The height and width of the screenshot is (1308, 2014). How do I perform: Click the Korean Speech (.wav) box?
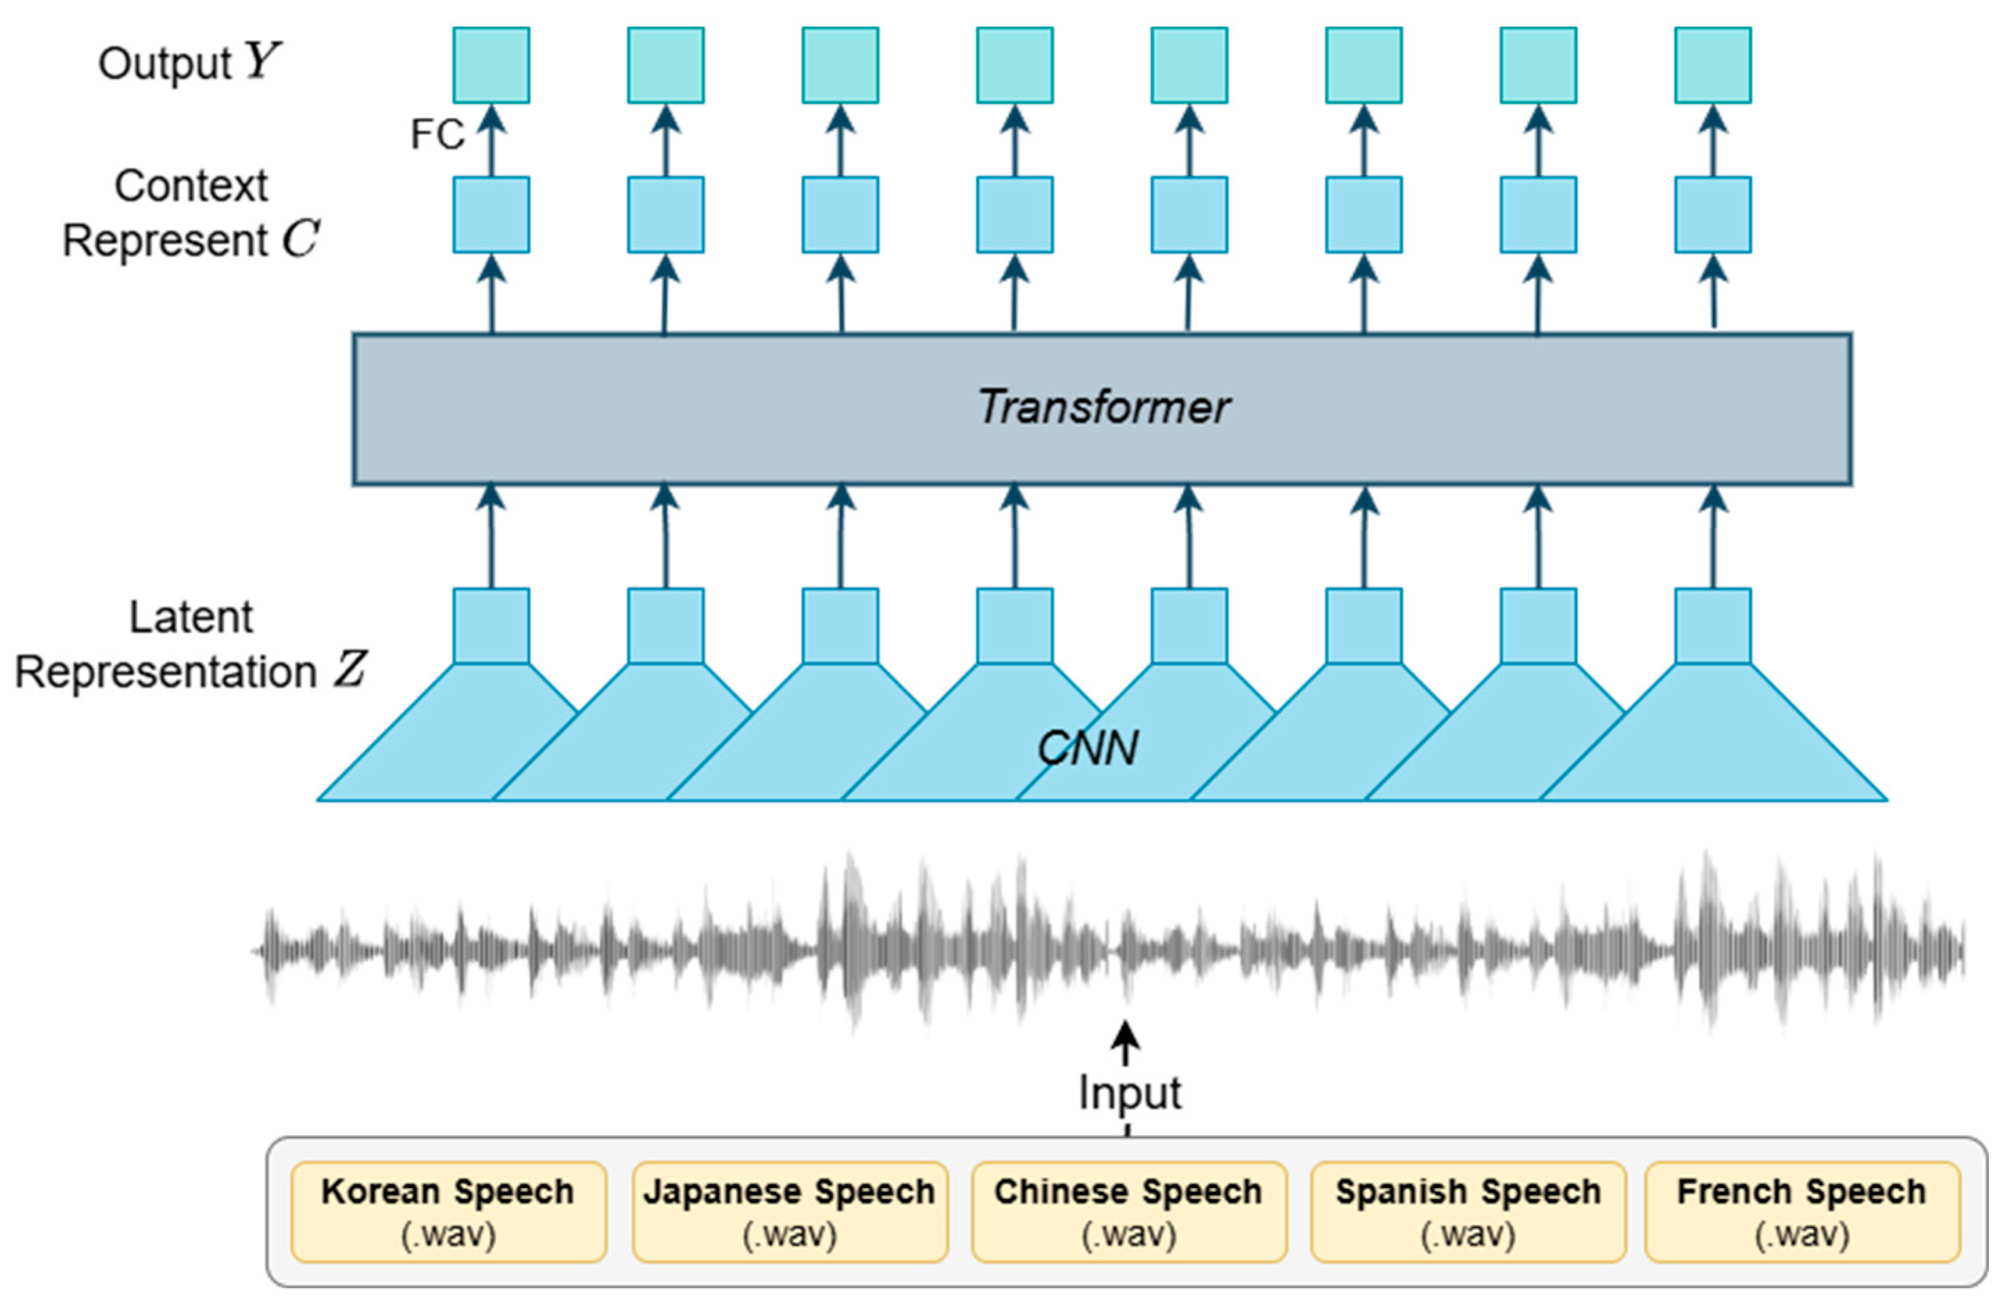(449, 1212)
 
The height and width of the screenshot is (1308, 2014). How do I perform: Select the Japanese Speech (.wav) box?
(789, 1212)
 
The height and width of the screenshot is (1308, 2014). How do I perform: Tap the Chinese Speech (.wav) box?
(1129, 1212)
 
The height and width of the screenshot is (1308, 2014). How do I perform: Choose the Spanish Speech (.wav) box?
(1468, 1212)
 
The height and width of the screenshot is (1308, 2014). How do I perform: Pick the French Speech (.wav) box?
(1802, 1212)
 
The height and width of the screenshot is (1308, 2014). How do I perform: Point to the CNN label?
(1087, 748)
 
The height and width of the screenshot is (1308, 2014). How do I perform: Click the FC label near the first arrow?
(438, 135)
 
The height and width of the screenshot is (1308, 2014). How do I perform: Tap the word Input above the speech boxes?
(1129, 1093)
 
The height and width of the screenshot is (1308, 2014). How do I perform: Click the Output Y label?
(188, 62)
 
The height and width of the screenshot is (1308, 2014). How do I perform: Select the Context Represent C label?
(191, 213)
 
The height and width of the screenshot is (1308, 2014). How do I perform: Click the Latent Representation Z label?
(191, 645)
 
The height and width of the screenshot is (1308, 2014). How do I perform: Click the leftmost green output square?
(491, 65)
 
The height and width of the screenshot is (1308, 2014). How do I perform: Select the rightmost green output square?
(1713, 65)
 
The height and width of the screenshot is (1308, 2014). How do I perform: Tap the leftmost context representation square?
(491, 215)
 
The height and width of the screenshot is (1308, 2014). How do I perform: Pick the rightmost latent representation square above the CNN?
(1713, 626)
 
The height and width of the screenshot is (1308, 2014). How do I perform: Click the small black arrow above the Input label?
(1126, 1042)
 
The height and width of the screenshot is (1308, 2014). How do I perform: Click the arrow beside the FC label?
(492, 139)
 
